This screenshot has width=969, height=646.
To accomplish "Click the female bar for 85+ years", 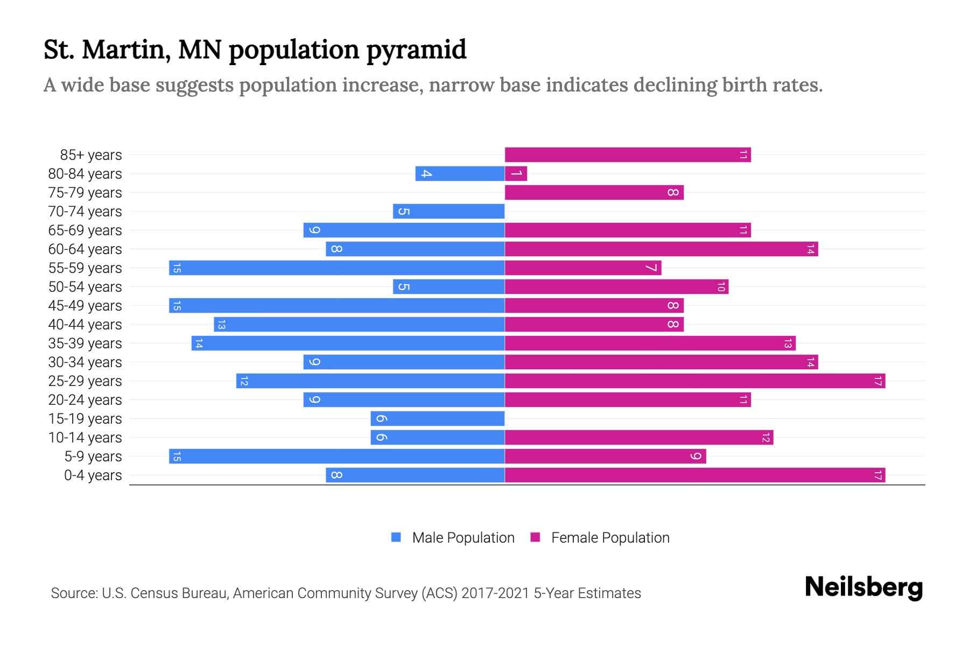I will (x=628, y=155).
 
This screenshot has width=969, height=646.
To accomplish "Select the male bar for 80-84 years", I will (x=460, y=174).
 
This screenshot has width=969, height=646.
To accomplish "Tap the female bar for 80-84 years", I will (x=516, y=174).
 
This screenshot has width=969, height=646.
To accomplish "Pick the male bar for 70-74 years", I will (x=448, y=212).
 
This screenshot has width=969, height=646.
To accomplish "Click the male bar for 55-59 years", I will (x=336, y=268).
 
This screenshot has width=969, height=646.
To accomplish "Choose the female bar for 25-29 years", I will (x=694, y=381).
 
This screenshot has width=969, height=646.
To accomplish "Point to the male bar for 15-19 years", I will (x=437, y=419).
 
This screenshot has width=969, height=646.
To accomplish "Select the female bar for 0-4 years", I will (x=694, y=475).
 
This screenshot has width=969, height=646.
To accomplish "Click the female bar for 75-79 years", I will (x=594, y=193).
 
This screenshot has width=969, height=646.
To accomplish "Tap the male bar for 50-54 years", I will (x=448, y=287).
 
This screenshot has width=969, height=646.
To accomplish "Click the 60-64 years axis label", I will (x=85, y=249).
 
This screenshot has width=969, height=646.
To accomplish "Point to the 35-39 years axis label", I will (x=85, y=343).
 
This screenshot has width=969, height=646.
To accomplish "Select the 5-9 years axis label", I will (x=93, y=457).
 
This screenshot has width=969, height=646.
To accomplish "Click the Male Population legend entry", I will (x=462, y=538).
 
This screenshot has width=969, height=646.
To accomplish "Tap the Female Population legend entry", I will (x=610, y=538).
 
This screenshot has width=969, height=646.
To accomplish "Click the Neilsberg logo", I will (x=863, y=587).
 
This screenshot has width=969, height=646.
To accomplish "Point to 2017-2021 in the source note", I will (x=495, y=593).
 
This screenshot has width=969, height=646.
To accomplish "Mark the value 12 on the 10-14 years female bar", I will (x=766, y=438).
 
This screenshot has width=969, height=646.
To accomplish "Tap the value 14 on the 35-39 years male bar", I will (x=199, y=343).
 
